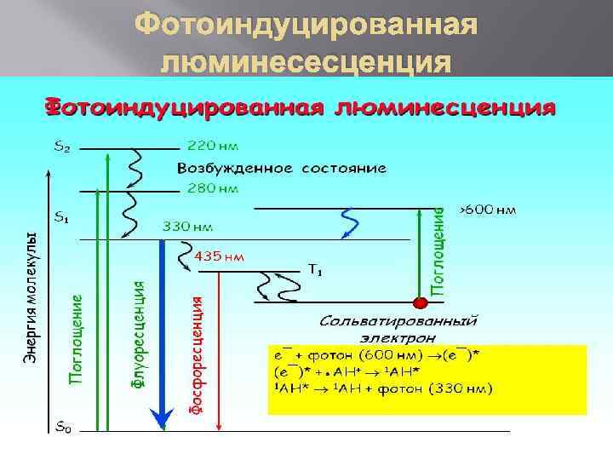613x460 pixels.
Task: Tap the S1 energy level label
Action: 61,217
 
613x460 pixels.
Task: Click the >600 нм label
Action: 487,209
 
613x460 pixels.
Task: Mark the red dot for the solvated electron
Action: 419,302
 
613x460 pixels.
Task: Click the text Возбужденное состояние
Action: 281,168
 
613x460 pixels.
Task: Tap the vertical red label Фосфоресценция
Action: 196,356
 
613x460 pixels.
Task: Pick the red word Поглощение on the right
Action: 438,251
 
